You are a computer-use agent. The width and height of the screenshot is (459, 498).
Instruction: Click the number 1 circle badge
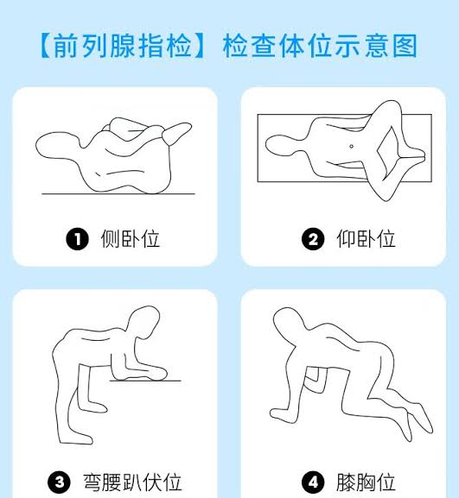(78, 239)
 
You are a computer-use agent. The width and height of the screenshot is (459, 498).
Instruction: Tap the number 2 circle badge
(313, 239)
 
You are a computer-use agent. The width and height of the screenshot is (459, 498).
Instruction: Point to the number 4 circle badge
(313, 482)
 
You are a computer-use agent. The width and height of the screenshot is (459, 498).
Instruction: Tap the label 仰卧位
(366, 239)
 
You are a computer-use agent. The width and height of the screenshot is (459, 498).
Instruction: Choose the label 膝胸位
(366, 482)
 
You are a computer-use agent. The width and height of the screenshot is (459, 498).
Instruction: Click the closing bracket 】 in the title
(200, 45)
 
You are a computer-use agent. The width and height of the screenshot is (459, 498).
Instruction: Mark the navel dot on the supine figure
(351, 146)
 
